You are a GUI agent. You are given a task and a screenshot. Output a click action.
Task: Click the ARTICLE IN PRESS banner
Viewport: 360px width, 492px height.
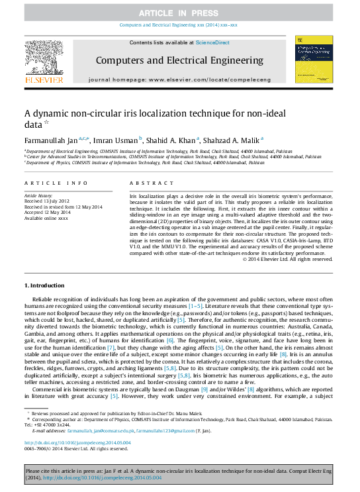pyautogui.click(x=179, y=13)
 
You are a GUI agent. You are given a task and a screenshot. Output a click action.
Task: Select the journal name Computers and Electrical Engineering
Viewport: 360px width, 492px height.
pyautogui.click(x=179, y=60)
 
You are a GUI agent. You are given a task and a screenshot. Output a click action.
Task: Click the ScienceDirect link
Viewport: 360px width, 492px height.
pyautogui.click(x=213, y=42)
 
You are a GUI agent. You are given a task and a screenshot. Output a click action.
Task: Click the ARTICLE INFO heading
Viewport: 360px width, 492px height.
pyautogui.click(x=56, y=183)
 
